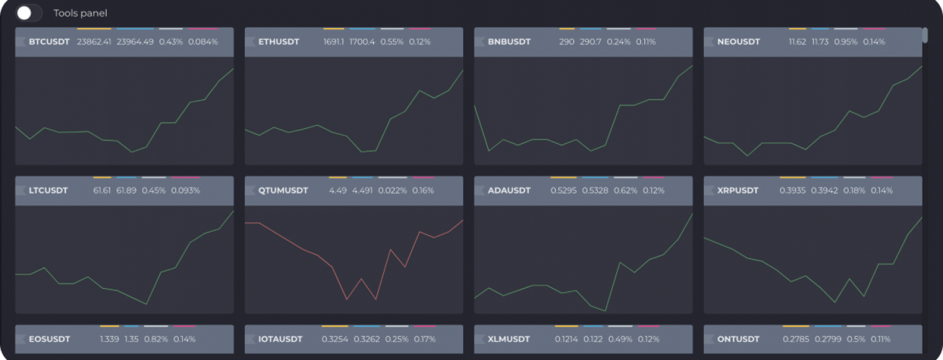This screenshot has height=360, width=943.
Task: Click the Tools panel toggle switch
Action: coord(29,13)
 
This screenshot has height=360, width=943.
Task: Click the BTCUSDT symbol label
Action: coord(49,42)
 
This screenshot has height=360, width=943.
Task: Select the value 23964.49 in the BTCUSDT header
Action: coord(135,42)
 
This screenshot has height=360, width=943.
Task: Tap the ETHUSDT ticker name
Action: coord(279,42)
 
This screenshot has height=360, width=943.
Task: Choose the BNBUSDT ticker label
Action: coord(509,42)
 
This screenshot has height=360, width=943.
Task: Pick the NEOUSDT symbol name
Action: coord(739,42)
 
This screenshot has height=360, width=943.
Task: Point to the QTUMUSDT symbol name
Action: coord(283,190)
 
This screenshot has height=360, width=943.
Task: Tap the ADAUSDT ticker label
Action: coord(509,190)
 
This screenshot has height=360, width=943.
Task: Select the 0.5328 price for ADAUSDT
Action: coord(594,190)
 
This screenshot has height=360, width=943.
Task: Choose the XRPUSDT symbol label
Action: coord(738,190)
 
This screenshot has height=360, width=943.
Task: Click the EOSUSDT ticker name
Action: coord(49,339)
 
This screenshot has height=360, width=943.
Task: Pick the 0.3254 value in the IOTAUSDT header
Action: coord(335,339)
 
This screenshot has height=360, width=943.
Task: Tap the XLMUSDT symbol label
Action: coord(508,339)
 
